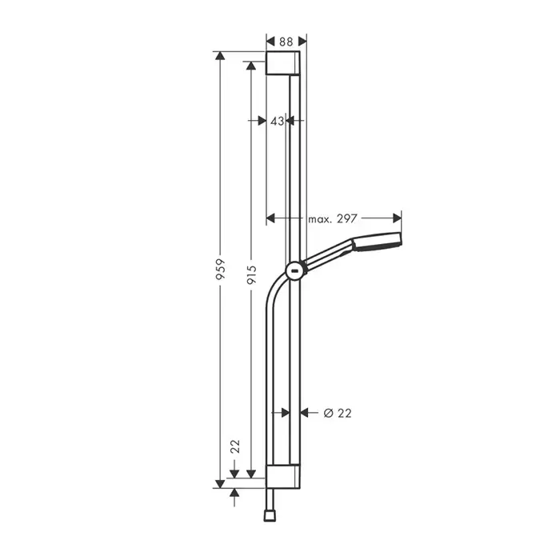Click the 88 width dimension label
coord(286,42)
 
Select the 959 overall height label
coord(221,269)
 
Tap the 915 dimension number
coord(252,274)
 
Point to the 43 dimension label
coord(277,121)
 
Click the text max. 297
coord(333,218)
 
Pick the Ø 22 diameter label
coord(338,414)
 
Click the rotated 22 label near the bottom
coord(235,446)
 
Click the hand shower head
coord(377,241)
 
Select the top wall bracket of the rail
coord(283,63)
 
